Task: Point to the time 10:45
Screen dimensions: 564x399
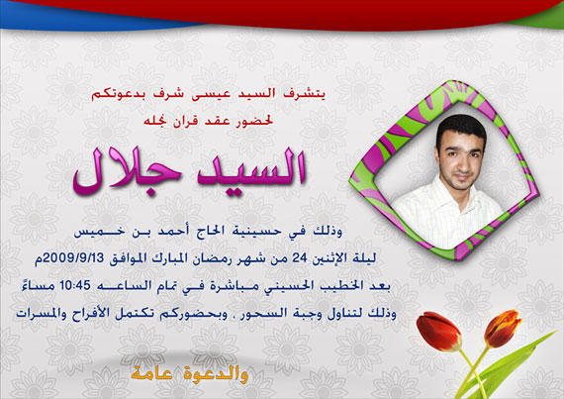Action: tap(75, 285)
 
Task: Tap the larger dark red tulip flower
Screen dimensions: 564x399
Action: tap(438, 331)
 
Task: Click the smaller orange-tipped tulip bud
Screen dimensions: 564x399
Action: tap(503, 328)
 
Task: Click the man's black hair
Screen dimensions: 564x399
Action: tap(460, 126)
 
